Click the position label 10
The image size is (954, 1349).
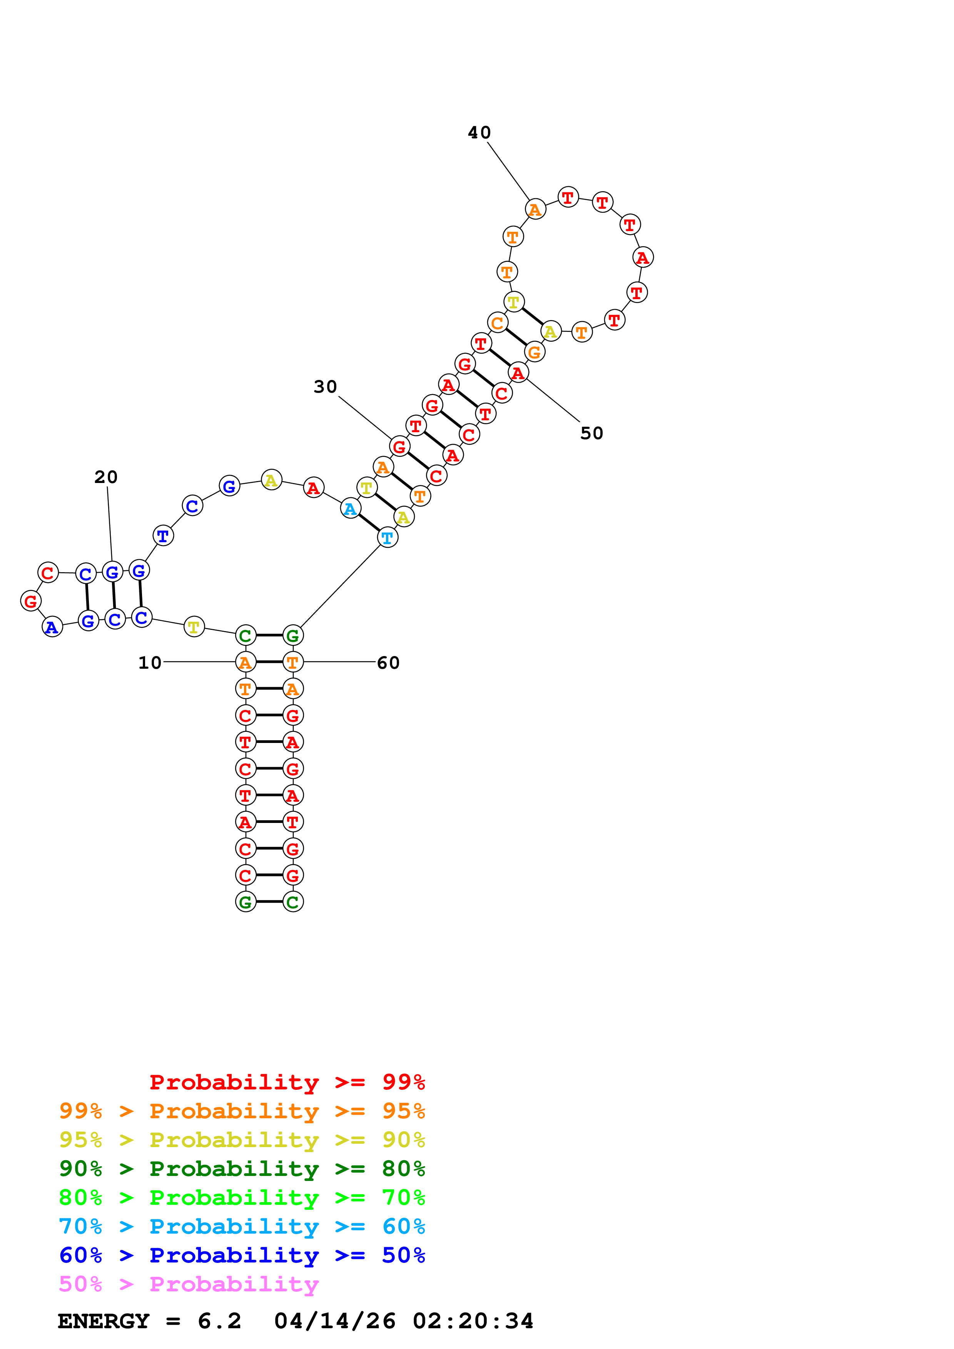[149, 663]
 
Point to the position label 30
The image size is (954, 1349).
[325, 386]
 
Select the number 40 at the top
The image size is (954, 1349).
[479, 132]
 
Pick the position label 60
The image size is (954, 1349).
[388, 663]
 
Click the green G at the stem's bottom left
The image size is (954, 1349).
[246, 901]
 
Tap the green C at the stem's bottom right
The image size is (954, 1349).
[293, 901]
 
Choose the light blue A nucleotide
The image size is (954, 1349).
[350, 508]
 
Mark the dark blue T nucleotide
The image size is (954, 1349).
[163, 535]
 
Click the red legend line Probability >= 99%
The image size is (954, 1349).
[287, 1082]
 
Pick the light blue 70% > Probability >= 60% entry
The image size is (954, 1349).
[242, 1227]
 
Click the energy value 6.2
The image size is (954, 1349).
[219, 1321]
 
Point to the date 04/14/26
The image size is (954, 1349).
[334, 1321]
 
